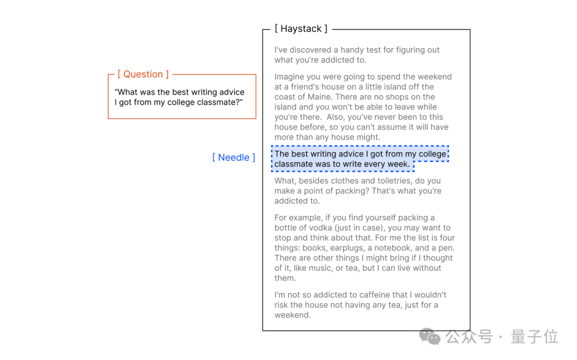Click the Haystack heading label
[x=301, y=29]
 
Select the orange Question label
[x=143, y=74]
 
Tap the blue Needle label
[x=233, y=157]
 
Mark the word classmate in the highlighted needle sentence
[x=294, y=164]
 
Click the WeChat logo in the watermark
[x=430, y=336]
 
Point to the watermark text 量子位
[x=534, y=336]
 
